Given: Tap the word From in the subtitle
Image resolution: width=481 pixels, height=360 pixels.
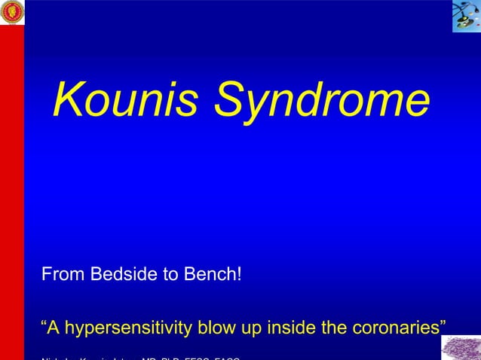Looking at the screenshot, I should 63,274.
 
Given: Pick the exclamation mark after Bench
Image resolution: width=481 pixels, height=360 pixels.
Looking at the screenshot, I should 239,274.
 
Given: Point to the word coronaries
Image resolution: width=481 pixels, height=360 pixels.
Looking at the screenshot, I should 385,329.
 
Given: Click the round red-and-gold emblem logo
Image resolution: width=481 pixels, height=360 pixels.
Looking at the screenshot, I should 12,12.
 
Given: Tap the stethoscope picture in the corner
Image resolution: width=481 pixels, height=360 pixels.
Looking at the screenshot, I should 466,16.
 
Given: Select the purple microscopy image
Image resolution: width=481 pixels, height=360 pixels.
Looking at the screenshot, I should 461,348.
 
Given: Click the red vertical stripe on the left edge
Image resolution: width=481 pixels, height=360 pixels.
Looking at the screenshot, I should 11,188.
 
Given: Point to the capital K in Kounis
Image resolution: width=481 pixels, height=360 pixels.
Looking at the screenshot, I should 69,99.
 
